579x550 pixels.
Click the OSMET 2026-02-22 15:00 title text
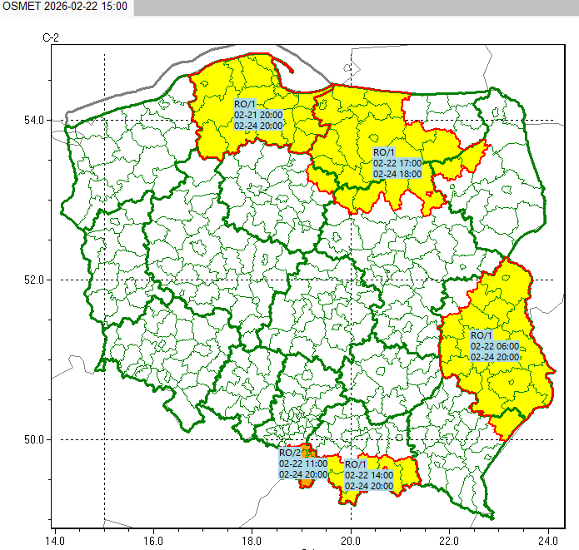[x=65, y=7]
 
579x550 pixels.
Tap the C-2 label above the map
[x=52, y=38]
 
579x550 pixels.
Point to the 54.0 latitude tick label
[x=32, y=121]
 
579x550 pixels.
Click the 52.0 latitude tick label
[x=32, y=280]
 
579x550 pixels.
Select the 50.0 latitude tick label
[x=32, y=439]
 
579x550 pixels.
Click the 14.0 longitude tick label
[x=55, y=538]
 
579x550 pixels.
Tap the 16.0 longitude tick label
[x=153, y=538]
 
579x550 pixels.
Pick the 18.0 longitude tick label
[x=252, y=538]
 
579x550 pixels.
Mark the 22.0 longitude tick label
[x=450, y=538]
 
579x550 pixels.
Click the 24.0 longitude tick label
[x=548, y=538]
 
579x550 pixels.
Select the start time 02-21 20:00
[x=259, y=115]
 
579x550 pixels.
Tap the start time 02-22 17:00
[x=397, y=163]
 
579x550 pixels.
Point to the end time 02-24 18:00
[x=397, y=173]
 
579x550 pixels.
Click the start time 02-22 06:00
[x=495, y=346]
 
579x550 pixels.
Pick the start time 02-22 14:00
[x=369, y=475]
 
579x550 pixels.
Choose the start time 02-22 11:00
[x=303, y=463]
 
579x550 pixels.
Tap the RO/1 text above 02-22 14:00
[x=355, y=464]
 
